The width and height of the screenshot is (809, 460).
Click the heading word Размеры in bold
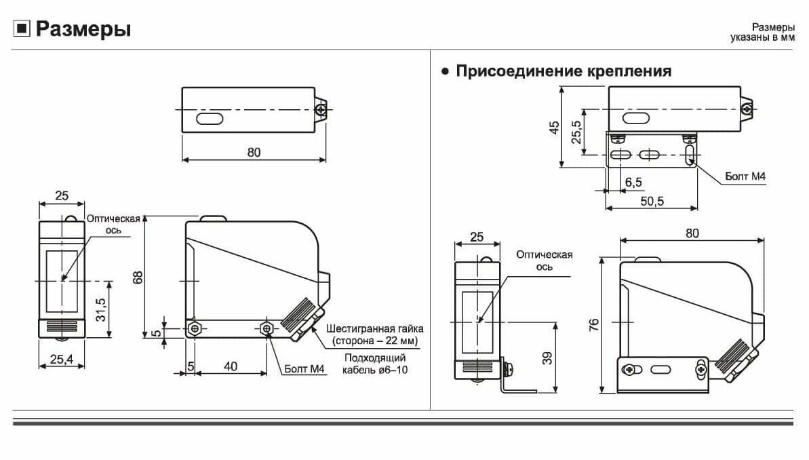coord(83,29)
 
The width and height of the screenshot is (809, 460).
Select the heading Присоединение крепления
coord(564,71)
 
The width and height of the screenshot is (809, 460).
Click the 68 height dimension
coord(138,277)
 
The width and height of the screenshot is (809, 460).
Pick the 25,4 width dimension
coord(62,359)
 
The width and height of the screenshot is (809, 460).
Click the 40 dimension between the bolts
coord(231,366)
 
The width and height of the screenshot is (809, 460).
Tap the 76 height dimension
coord(594,324)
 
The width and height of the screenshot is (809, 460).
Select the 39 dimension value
coord(547,358)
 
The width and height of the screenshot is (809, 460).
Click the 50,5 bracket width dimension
coord(652,202)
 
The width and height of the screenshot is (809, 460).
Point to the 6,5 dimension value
coord(633,183)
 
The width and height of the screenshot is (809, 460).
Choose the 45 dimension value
coord(555,127)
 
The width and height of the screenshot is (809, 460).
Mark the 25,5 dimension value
coord(576,132)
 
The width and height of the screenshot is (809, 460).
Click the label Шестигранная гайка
coord(375,329)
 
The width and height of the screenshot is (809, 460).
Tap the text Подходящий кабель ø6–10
coord(375,364)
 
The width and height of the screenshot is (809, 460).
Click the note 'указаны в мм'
coord(762,38)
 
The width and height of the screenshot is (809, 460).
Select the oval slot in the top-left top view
coord(210,119)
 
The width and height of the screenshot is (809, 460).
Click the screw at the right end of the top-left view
coord(320,109)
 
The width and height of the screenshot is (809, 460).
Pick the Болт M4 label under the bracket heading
coord(745,176)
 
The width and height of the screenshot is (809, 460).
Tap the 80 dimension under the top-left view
coord(254,152)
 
